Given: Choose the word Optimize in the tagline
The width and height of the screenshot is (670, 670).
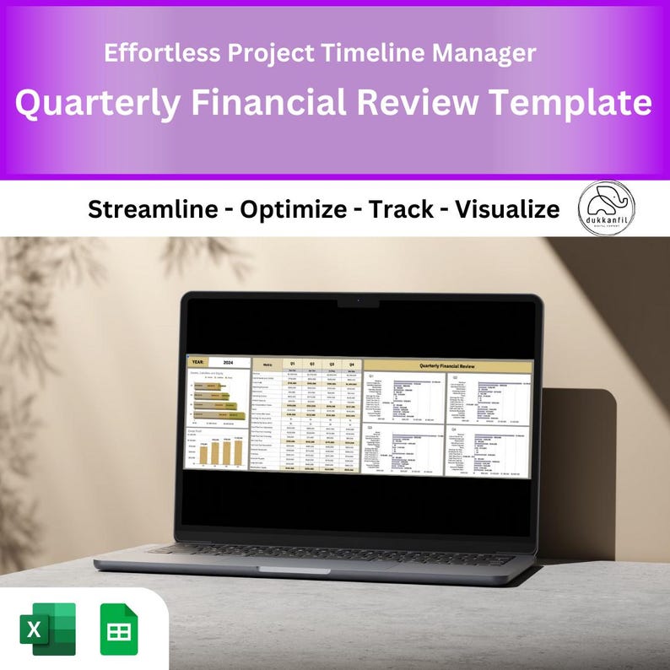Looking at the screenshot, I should [x=294, y=209].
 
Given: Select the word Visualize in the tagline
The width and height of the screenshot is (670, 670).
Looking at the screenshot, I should [x=506, y=209].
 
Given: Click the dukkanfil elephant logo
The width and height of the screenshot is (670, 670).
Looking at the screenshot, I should [x=607, y=208].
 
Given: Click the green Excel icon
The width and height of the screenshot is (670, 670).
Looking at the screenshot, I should [x=47, y=629].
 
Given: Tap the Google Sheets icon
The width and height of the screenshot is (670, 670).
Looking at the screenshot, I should [x=119, y=629].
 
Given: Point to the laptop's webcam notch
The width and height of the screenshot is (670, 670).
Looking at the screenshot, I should [x=358, y=301].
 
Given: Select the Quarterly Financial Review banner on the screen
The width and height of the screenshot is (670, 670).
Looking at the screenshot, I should [x=447, y=365].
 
